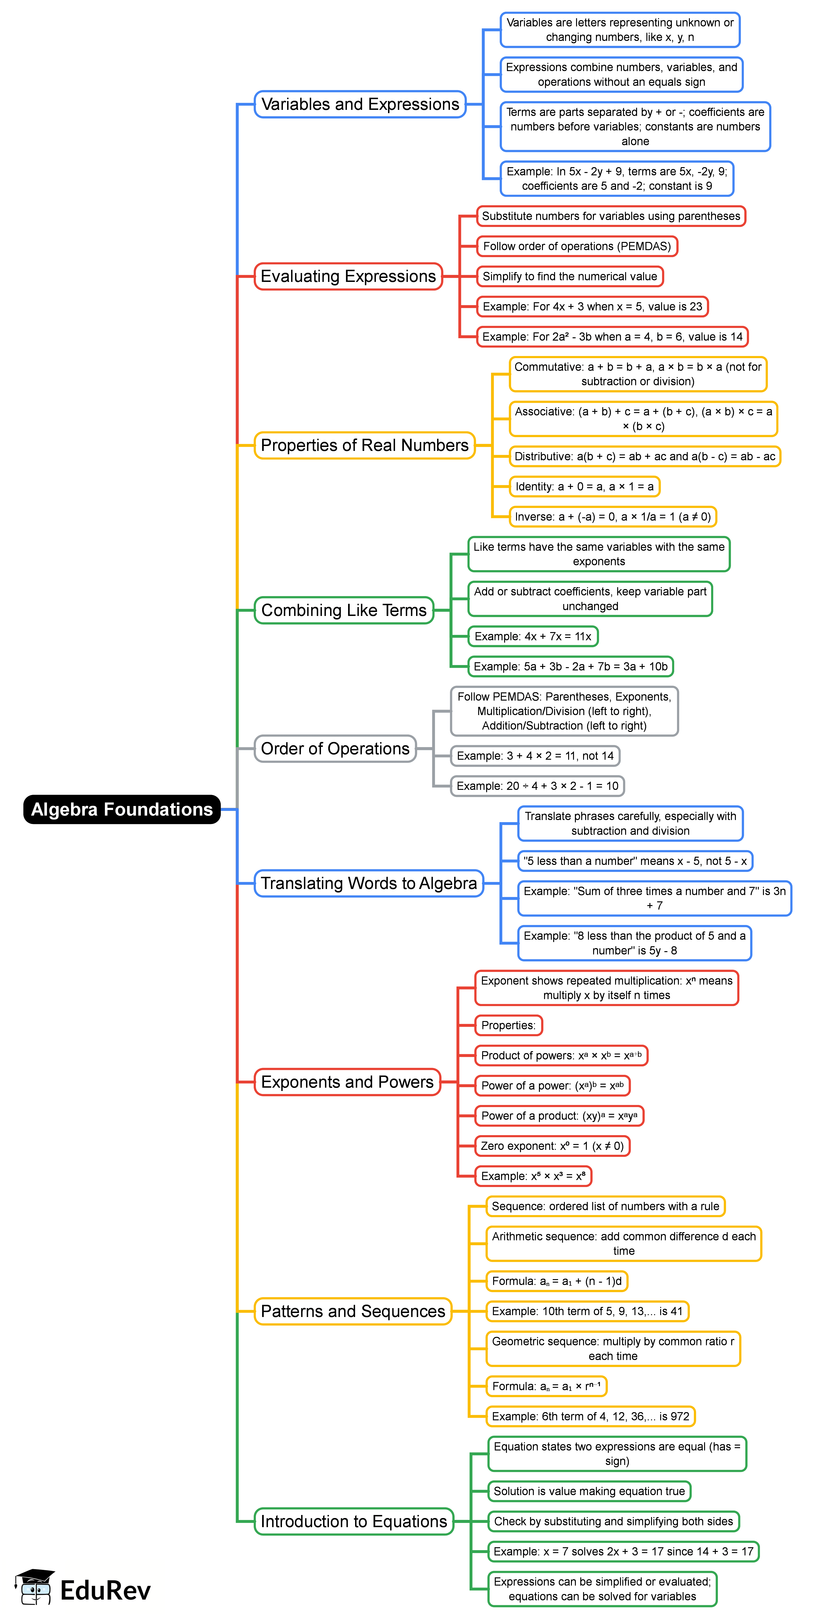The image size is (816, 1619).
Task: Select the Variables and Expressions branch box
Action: point(360,104)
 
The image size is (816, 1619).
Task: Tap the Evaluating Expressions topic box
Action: point(348,277)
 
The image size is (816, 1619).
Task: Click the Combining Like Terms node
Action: point(344,610)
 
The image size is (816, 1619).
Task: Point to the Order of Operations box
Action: point(335,748)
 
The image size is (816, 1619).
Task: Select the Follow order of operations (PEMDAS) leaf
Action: point(577,246)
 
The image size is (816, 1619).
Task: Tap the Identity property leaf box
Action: point(584,486)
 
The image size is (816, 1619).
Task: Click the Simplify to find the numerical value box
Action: point(569,277)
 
